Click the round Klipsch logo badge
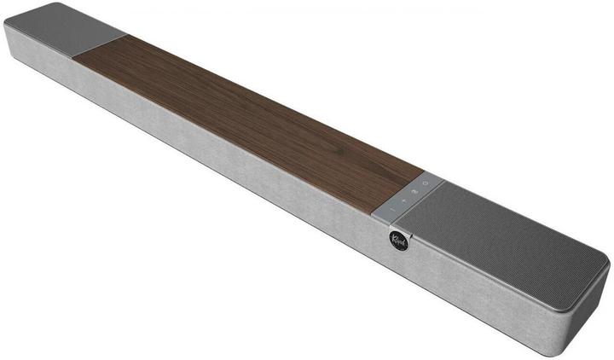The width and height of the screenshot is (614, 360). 398,240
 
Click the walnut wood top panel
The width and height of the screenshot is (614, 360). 247,111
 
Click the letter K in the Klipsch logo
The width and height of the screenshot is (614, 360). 394,239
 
